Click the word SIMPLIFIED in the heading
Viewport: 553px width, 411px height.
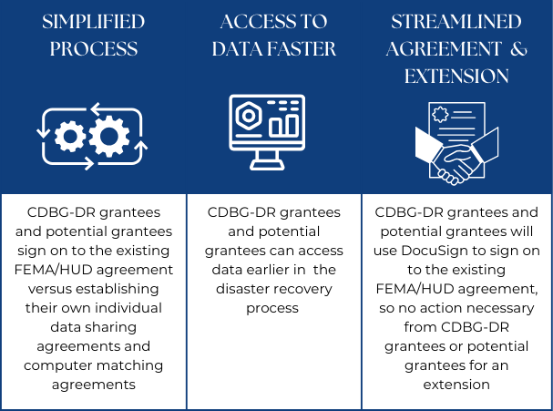tap(92, 22)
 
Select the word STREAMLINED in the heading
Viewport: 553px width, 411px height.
tap(457, 22)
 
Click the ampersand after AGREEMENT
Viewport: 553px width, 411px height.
tap(518, 49)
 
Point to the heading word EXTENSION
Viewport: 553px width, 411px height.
tap(457, 76)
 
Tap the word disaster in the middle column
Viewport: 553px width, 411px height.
tap(241, 289)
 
